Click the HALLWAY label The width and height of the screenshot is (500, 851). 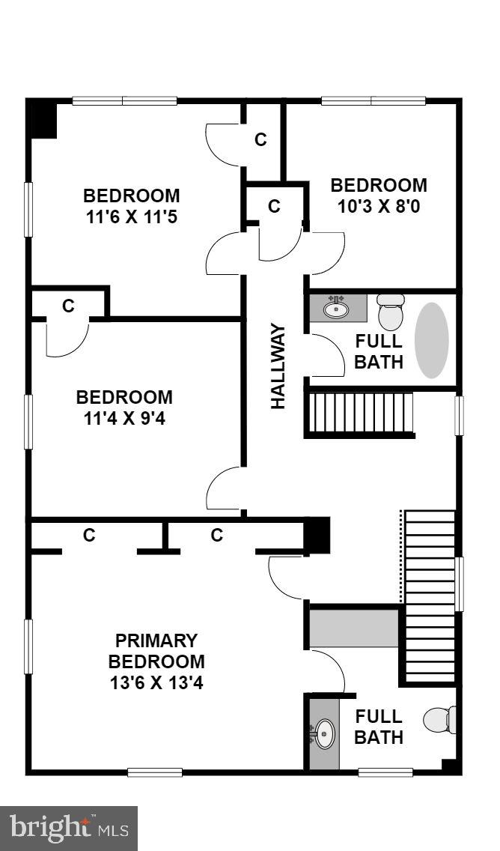278,366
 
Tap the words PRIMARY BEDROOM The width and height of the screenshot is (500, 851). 156,651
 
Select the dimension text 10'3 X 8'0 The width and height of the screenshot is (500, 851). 379,206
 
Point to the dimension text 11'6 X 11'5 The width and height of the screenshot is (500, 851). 132,217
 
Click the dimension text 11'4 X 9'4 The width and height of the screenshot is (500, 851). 124,418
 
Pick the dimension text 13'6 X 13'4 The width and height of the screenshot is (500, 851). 156,683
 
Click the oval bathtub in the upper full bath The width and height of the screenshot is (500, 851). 432,340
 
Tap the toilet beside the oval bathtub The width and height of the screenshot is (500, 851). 390,312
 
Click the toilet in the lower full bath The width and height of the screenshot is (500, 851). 439,720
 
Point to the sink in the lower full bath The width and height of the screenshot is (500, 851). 323,733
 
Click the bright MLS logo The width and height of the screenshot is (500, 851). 69,828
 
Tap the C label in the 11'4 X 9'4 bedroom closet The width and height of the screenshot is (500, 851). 68,306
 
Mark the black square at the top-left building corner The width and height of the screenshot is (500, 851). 42,119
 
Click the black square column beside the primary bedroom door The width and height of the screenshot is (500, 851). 316,536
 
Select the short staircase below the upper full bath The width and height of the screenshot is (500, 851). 360,413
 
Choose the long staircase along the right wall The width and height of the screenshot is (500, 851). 430,596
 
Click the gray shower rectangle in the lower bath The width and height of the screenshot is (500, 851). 354,629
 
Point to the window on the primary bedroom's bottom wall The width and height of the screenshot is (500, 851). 154,772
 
